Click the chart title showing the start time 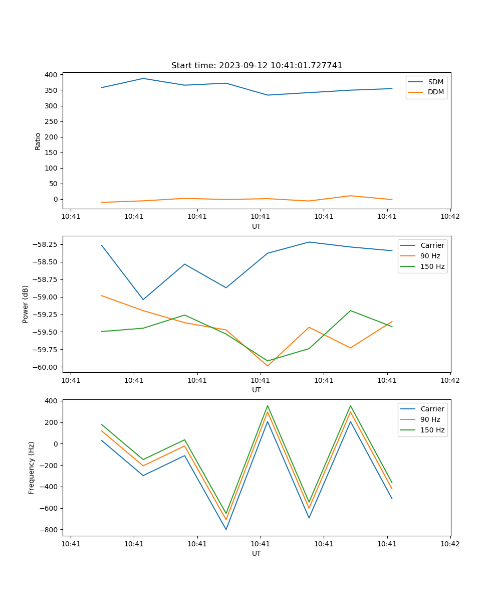click(x=257, y=66)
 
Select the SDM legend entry click(x=435, y=82)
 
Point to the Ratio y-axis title click(x=38, y=141)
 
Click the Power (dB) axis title click(x=26, y=304)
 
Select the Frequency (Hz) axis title click(x=32, y=468)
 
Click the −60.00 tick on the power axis click(x=44, y=367)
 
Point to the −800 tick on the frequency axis click(x=48, y=530)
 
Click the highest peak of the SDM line click(x=143, y=78)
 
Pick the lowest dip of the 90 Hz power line click(x=268, y=366)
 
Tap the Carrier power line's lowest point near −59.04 click(x=143, y=299)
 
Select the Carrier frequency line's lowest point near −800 click(x=226, y=529)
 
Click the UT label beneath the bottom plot click(x=257, y=553)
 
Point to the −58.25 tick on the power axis click(x=44, y=244)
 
